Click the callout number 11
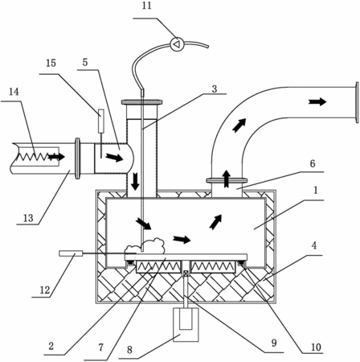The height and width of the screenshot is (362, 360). point(146,6)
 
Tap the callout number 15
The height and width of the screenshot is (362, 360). point(51,63)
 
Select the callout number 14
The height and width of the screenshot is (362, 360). point(14,92)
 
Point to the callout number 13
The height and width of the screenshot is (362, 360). point(28,218)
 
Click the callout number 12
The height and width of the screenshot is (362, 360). point(45,290)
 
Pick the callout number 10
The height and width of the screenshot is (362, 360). point(316,348)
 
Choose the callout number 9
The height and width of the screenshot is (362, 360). point(274,343)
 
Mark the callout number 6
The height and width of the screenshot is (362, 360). point(313,163)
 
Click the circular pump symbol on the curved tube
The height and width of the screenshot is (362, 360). point(177,44)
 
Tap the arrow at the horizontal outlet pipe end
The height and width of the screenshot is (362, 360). point(317,102)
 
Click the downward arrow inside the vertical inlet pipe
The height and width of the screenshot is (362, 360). point(136,181)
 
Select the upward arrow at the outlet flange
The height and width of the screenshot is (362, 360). point(227,179)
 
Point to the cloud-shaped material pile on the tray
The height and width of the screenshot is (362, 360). point(145,245)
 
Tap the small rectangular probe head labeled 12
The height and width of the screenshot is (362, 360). point(71,253)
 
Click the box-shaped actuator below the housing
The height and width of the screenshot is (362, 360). point(186,324)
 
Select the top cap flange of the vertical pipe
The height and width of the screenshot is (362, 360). point(141,102)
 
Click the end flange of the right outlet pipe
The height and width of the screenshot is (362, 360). point(357,102)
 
